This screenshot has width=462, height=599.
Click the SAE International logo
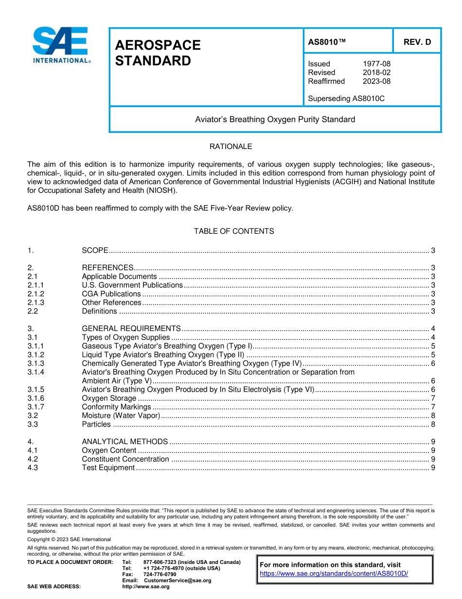click(60, 44)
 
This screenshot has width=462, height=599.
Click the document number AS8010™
click(327, 42)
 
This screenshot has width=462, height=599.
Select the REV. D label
click(417, 42)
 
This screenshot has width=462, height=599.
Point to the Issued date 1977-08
click(376, 64)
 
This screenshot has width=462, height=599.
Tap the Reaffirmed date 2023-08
click(376, 81)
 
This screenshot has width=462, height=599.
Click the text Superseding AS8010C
click(346, 98)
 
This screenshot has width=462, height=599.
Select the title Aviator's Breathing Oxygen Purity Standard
click(275, 119)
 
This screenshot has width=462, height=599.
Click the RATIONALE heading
click(231, 147)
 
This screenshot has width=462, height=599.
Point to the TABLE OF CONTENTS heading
click(234, 231)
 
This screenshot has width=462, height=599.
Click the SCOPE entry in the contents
click(95, 250)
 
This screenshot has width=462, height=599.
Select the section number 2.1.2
click(36, 294)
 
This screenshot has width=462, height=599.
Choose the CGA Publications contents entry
click(111, 294)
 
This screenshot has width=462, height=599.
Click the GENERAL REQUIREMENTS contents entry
click(131, 328)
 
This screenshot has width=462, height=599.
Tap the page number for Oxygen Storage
click(433, 398)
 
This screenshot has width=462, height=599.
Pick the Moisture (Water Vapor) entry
click(121, 415)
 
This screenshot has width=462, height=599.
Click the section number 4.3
click(33, 468)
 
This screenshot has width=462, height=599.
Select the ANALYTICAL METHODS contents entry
click(124, 442)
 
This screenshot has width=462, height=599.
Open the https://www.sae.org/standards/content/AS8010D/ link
click(334, 574)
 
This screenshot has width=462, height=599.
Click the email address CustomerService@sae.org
click(178, 580)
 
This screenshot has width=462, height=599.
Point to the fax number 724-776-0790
click(160, 574)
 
